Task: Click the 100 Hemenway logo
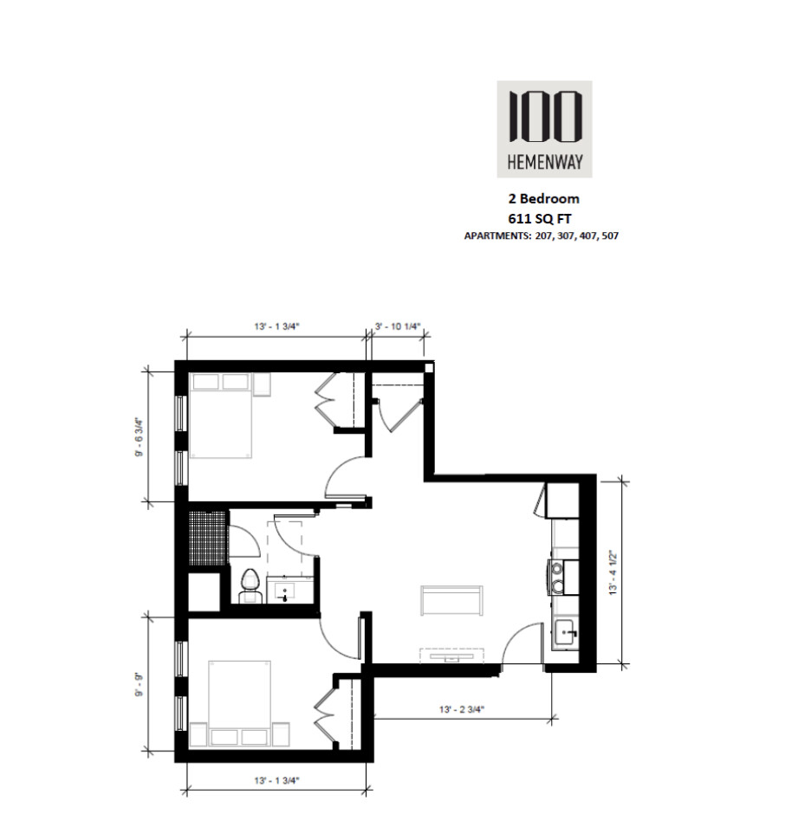point(544,126)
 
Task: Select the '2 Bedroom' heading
point(544,200)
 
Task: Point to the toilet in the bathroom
point(251,585)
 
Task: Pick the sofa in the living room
point(451,599)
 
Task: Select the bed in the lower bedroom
point(239,702)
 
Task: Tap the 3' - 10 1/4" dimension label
point(397,326)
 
